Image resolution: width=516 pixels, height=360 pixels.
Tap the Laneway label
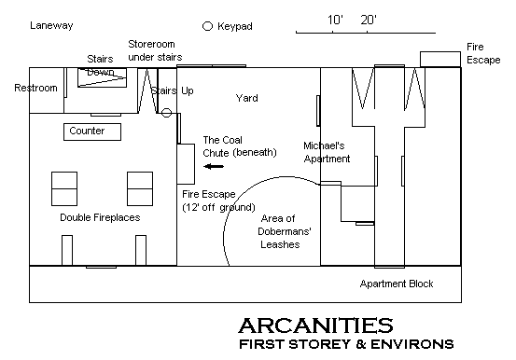[51, 26]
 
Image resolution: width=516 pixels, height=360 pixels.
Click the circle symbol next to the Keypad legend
[207, 26]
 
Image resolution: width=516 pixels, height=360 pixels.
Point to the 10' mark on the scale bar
[333, 32]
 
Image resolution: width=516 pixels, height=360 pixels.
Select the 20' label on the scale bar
[369, 21]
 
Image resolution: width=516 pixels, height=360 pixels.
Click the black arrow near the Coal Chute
[214, 166]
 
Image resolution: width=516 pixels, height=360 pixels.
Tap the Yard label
[247, 98]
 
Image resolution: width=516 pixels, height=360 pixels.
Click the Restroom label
[35, 88]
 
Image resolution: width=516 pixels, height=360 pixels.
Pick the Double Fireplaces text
[100, 217]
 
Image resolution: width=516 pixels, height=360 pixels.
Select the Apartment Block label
[397, 284]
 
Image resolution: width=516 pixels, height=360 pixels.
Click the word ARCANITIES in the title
[315, 325]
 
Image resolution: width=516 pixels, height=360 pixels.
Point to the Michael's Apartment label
[327, 152]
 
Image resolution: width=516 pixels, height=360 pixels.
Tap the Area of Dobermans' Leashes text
[284, 231]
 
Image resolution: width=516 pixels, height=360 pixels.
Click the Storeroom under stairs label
[155, 50]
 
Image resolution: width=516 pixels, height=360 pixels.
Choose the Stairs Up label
[172, 90]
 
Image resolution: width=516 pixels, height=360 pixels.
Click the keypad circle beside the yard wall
[166, 113]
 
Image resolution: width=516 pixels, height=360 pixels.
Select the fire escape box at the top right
[440, 60]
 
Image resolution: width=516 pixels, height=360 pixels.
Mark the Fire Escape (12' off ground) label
[218, 201]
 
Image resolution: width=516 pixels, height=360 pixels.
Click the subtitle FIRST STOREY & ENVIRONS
[346, 344]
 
